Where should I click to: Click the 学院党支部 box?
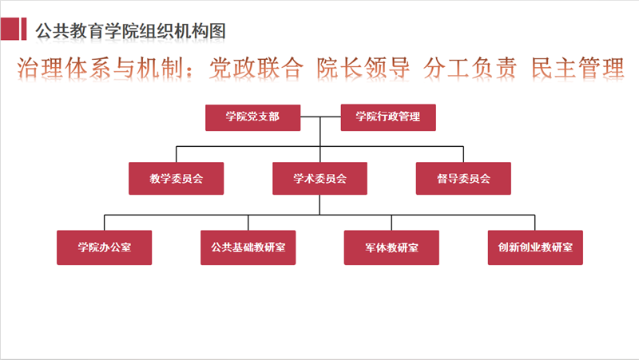point(252,117)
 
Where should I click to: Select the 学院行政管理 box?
point(388,117)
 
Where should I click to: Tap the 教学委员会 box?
point(176,178)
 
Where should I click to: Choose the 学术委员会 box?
point(320,178)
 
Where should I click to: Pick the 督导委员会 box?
point(463,178)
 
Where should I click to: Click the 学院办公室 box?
point(105,247)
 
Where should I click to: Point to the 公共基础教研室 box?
point(248,247)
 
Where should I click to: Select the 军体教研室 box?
point(391,247)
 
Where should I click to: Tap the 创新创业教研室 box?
point(535,247)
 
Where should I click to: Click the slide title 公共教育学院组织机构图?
point(130,31)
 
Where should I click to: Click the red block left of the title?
point(14,29)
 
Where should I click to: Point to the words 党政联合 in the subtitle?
point(256,68)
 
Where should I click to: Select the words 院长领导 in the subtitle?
point(363,68)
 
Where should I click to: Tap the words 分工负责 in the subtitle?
point(470,68)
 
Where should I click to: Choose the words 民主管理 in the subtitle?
point(577,68)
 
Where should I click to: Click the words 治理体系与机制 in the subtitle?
point(100,68)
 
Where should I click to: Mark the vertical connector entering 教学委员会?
point(176,154)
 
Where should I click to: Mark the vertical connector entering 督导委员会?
point(463,154)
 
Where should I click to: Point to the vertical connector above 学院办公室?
point(105,223)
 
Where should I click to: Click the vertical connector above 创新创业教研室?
point(534,223)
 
